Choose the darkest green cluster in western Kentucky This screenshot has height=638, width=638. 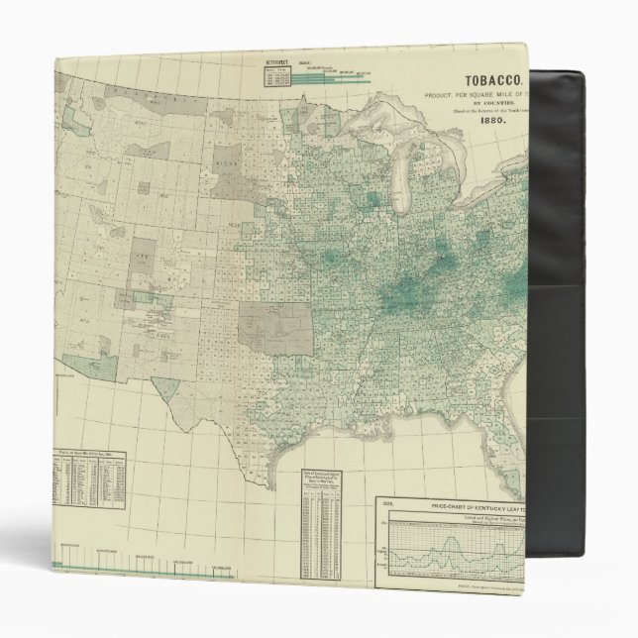click(x=406, y=290)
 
